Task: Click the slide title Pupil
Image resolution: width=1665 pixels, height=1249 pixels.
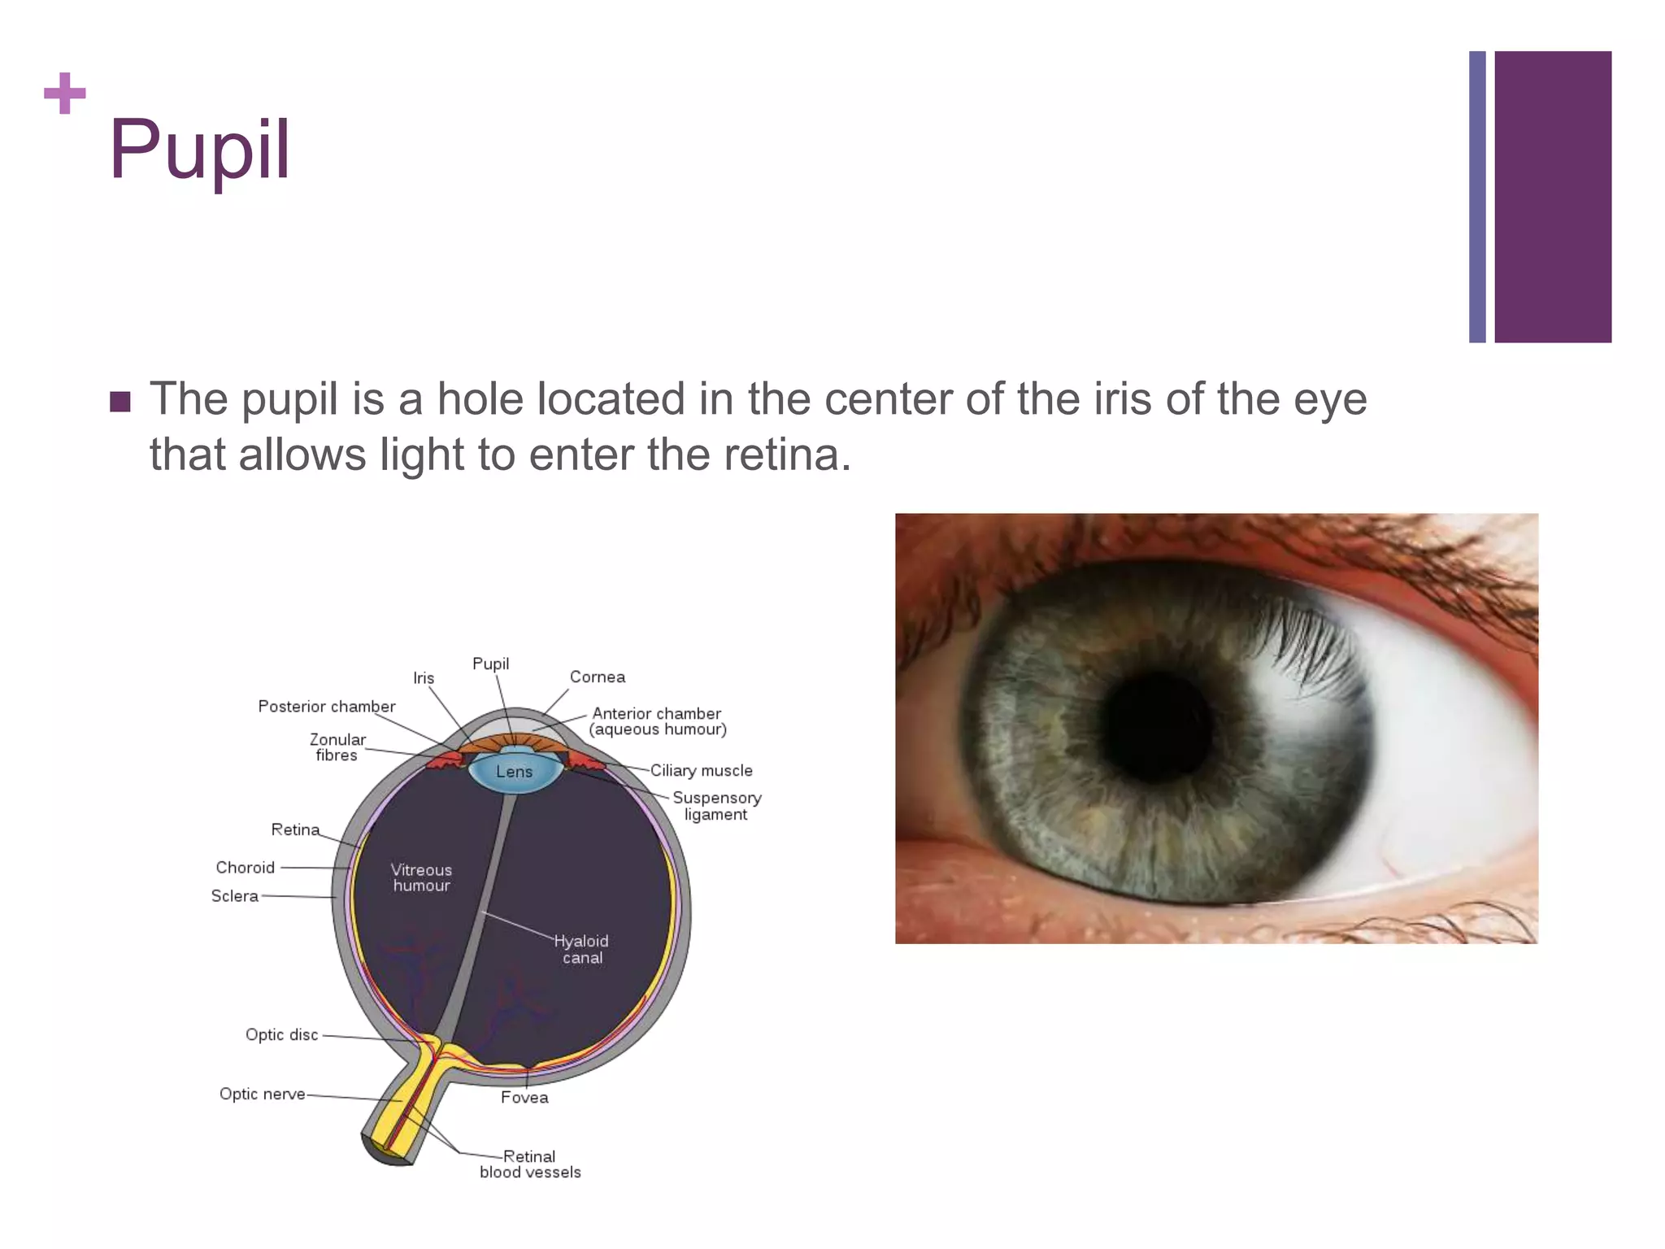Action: click(x=199, y=150)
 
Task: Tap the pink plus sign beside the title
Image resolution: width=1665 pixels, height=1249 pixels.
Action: click(x=64, y=94)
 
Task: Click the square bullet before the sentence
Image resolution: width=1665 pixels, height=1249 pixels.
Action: click(x=120, y=402)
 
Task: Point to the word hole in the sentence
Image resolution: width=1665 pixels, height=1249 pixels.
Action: click(x=480, y=399)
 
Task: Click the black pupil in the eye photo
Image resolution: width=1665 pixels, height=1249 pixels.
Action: click(x=1157, y=726)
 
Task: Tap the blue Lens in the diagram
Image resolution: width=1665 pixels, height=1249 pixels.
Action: click(x=515, y=771)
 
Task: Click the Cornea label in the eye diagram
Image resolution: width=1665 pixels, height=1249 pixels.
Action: click(x=598, y=677)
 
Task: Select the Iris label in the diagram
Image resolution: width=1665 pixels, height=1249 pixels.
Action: click(x=424, y=678)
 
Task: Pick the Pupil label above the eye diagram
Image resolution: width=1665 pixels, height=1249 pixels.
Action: click(x=491, y=664)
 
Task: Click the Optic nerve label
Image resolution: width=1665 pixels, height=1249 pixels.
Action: click(x=262, y=1094)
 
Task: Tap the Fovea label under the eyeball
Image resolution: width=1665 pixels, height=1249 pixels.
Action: click(x=524, y=1097)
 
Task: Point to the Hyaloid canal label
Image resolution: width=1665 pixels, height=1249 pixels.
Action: click(x=581, y=949)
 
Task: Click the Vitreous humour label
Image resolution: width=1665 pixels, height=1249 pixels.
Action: click(x=421, y=877)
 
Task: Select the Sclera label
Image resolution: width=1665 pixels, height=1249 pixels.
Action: click(x=235, y=895)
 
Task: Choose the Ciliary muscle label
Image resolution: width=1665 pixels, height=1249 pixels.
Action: click(x=701, y=770)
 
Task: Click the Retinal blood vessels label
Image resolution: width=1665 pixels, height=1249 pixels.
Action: click(x=530, y=1164)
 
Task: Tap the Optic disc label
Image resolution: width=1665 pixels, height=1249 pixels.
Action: click(x=281, y=1034)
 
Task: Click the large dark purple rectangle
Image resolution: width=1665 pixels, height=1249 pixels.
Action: click(x=1552, y=197)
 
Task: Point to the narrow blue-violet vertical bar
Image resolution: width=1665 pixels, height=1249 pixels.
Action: click(x=1477, y=197)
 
